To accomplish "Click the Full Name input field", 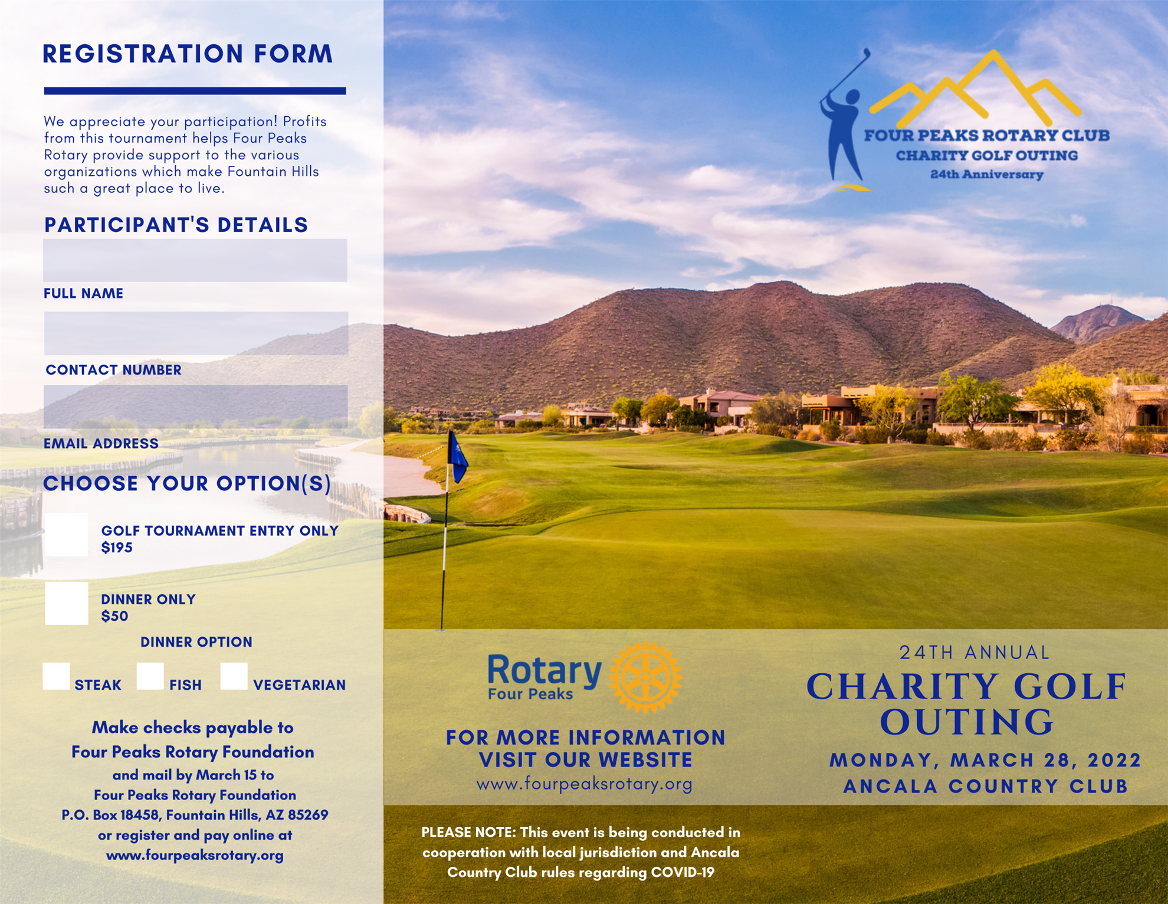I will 195,260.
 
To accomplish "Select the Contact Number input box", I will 195,333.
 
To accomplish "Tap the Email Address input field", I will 195,407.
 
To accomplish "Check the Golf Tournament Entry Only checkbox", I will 67,535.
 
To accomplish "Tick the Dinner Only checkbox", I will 67,603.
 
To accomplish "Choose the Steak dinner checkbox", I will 56,676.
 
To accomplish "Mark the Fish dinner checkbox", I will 150,676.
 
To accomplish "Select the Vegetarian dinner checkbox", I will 234,676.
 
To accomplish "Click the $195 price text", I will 117,548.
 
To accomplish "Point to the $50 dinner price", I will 114,616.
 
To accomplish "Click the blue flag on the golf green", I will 458,457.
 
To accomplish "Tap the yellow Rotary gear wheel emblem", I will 645,677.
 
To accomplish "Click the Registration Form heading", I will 188,54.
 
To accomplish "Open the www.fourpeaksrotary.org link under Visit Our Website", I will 584,784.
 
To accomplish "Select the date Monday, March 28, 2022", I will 985,760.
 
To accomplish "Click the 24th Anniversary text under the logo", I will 986,175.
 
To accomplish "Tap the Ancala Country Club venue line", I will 985,787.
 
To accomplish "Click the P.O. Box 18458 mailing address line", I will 195,815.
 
